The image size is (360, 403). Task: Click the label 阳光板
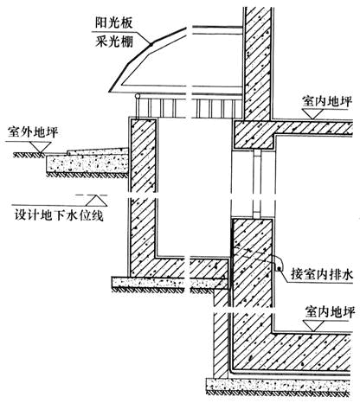tap(114, 22)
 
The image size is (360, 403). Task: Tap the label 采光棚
tap(114, 42)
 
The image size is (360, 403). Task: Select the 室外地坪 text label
tap(33, 132)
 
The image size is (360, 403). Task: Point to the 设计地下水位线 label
tap(59, 214)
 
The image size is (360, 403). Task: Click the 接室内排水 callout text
tap(322, 274)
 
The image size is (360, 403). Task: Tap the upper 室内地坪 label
tap(327, 101)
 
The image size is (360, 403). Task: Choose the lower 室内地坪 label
tap(330, 312)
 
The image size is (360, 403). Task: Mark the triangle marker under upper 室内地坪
tap(313, 114)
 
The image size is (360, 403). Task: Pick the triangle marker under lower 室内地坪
tap(315, 325)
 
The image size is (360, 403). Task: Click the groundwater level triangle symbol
tap(96, 201)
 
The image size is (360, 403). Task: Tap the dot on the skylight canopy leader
tap(151, 44)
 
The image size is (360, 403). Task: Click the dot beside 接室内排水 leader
tap(279, 269)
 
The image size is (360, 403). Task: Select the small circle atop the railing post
tap(138, 96)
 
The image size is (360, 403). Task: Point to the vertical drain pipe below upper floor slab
tap(257, 183)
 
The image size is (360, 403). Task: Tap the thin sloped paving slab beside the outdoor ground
tap(98, 151)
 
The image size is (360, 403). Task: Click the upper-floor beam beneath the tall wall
tap(254, 135)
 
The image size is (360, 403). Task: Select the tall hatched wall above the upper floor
tap(258, 63)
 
